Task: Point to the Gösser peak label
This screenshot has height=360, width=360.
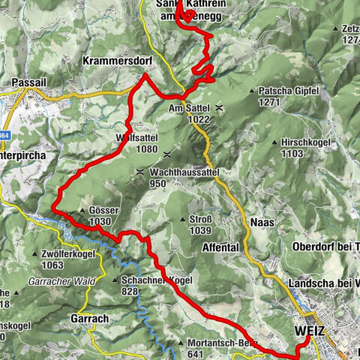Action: click(103, 211)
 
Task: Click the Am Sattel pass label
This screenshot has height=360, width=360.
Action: click(187, 108)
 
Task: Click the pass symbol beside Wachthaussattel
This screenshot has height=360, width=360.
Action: click(140, 172)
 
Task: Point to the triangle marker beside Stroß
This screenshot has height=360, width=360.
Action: click(183, 219)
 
